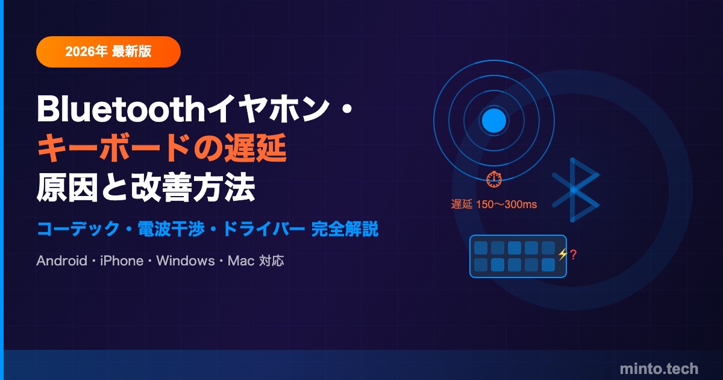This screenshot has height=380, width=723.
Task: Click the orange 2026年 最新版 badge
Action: coord(108,52)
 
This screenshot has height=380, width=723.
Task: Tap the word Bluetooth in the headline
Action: coord(121,109)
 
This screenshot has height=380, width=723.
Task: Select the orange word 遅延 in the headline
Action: coord(255,148)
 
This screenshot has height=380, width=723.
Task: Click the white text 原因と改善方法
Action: coord(146,188)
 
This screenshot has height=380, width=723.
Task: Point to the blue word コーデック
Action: coord(78,229)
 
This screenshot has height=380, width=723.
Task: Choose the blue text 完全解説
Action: coord(345,229)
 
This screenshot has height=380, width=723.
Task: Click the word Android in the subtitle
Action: coord(61,261)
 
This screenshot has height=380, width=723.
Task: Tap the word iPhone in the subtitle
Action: coord(122,261)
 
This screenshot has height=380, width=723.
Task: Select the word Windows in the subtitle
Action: coord(186,261)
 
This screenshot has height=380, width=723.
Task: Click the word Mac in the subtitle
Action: coord(241,261)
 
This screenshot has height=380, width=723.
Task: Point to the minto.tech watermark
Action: coord(659,369)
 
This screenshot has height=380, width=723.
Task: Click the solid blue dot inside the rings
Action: coord(494,121)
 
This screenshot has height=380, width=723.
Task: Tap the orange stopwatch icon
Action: coord(494,179)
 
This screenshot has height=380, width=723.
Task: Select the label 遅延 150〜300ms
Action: coord(494,204)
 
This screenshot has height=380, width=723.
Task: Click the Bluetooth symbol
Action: coord(575,190)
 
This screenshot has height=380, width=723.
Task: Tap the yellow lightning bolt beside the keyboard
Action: coord(563,255)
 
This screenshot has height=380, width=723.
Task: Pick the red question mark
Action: coord(573,255)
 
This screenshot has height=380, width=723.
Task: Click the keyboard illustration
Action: coord(518,256)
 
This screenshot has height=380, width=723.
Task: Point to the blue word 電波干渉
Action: coord(171,229)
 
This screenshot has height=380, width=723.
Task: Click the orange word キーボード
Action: coord(114,148)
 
